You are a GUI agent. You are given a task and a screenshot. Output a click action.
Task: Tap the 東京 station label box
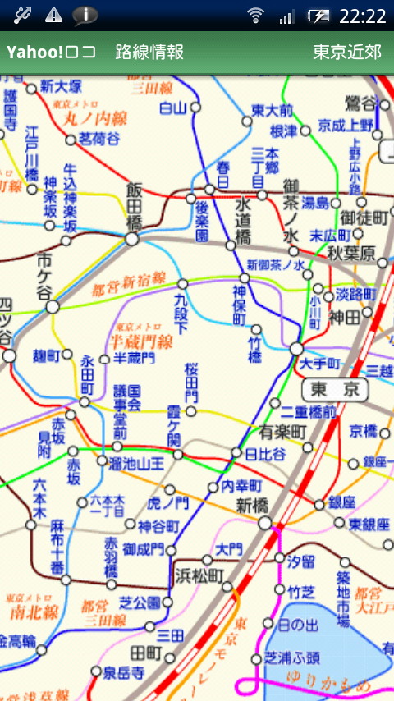click(335, 389)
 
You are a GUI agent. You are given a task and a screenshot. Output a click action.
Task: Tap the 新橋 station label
click(252, 506)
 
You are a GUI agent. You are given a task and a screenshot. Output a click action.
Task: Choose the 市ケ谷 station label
click(44, 277)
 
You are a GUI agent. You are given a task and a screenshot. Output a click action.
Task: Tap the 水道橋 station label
click(243, 220)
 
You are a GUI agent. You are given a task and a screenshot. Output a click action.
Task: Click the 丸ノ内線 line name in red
click(96, 118)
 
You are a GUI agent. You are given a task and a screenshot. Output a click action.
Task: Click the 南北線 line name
click(34, 612)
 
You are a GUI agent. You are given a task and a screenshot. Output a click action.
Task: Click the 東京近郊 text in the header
click(347, 53)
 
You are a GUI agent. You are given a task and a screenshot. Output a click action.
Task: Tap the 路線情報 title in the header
click(149, 53)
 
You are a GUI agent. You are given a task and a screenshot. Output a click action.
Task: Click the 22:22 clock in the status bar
click(362, 16)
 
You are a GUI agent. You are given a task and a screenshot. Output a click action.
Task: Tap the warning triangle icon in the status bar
click(53, 15)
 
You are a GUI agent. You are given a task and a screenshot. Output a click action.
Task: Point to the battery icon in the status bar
click(318, 16)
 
